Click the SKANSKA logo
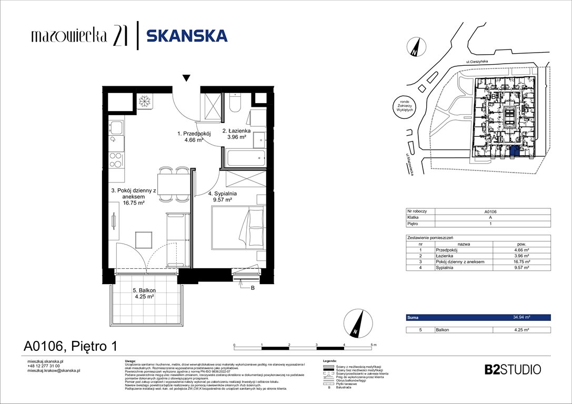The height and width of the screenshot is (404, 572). [187, 36]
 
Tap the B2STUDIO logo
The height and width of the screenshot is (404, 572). [511, 369]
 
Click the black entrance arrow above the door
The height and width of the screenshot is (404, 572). [186, 79]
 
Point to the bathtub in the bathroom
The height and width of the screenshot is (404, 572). [246, 157]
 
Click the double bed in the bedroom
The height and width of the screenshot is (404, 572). [237, 228]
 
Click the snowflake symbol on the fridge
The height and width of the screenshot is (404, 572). [144, 101]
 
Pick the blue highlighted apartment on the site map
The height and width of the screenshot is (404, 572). [514, 153]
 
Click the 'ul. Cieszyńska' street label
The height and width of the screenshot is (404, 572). [477, 62]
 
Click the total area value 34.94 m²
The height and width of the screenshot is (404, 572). [521, 318]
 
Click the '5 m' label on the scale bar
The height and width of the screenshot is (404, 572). [374, 345]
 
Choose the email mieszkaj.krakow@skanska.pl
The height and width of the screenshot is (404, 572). [53, 370]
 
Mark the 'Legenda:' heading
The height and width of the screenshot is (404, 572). [329, 361]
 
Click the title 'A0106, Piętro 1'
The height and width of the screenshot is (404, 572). [70, 346]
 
